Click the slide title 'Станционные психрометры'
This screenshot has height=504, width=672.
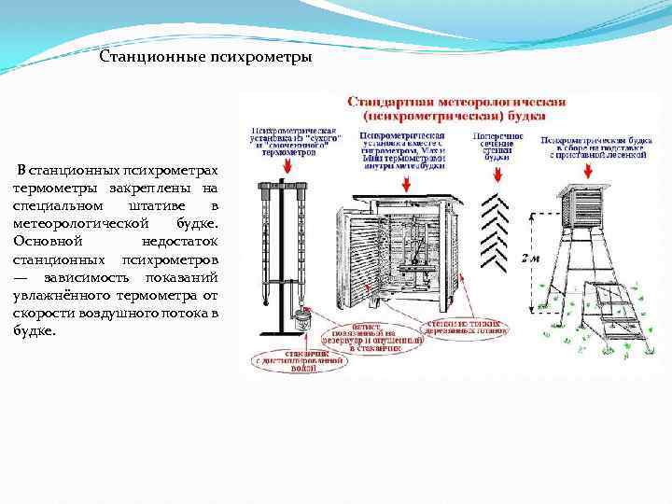coord(205,58)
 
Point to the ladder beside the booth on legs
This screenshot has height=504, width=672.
coord(613,313)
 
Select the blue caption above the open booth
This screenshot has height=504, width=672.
coord(402,146)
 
